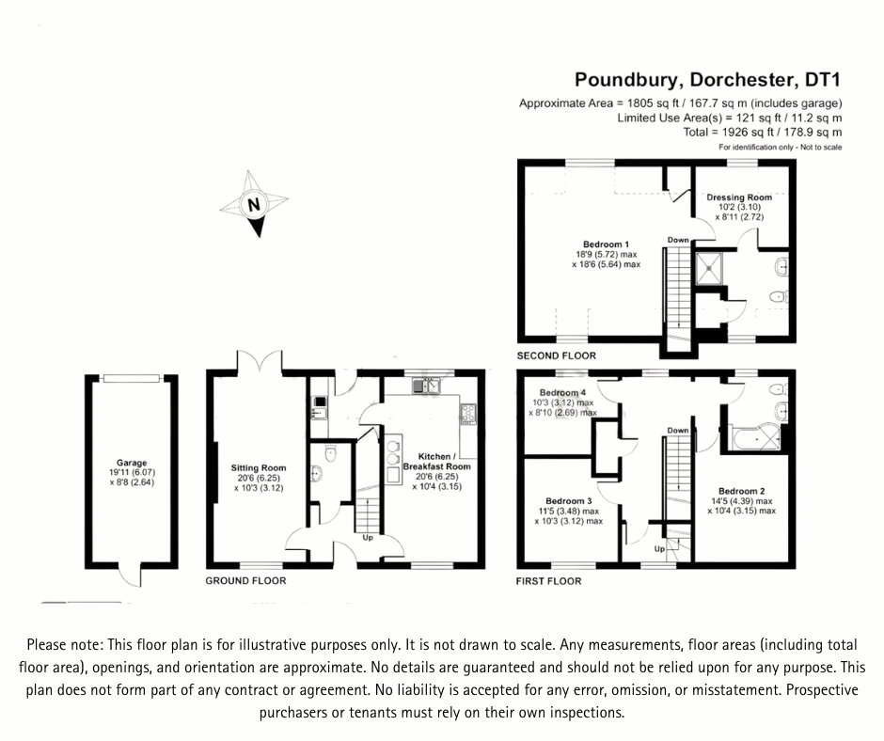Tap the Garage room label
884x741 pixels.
click(x=132, y=463)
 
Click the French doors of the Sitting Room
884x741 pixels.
click(x=259, y=362)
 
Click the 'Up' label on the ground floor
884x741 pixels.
click(x=369, y=539)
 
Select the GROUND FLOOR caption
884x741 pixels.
click(x=245, y=581)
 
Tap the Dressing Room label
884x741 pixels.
click(x=739, y=197)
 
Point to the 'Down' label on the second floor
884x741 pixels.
click(x=678, y=240)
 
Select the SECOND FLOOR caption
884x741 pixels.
click(x=556, y=356)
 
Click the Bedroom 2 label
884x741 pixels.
click(x=741, y=491)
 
